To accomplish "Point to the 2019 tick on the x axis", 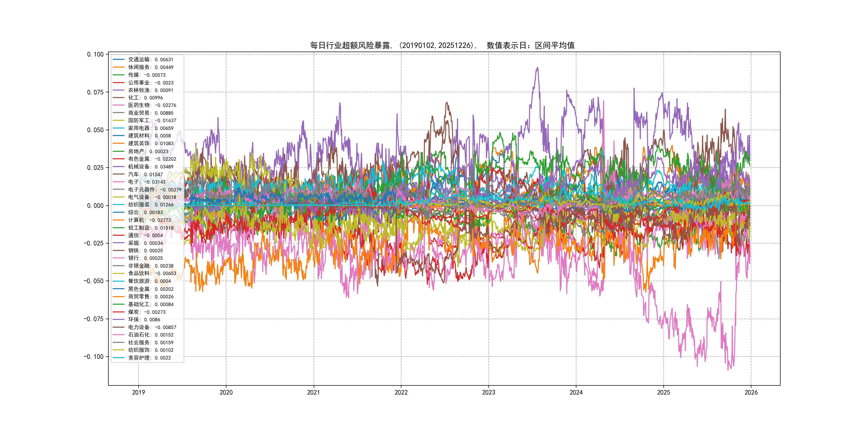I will pyautogui.click(x=138, y=392).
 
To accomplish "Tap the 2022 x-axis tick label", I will pyautogui.click(x=401, y=392).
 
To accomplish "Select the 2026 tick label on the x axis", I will pyautogui.click(x=751, y=392).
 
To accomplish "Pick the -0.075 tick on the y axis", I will pyautogui.click(x=94, y=319).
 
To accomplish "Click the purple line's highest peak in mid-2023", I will pyautogui.click(x=538, y=68).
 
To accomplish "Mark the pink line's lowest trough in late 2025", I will pyautogui.click(x=728, y=370).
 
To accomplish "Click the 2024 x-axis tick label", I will pyautogui.click(x=576, y=392).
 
